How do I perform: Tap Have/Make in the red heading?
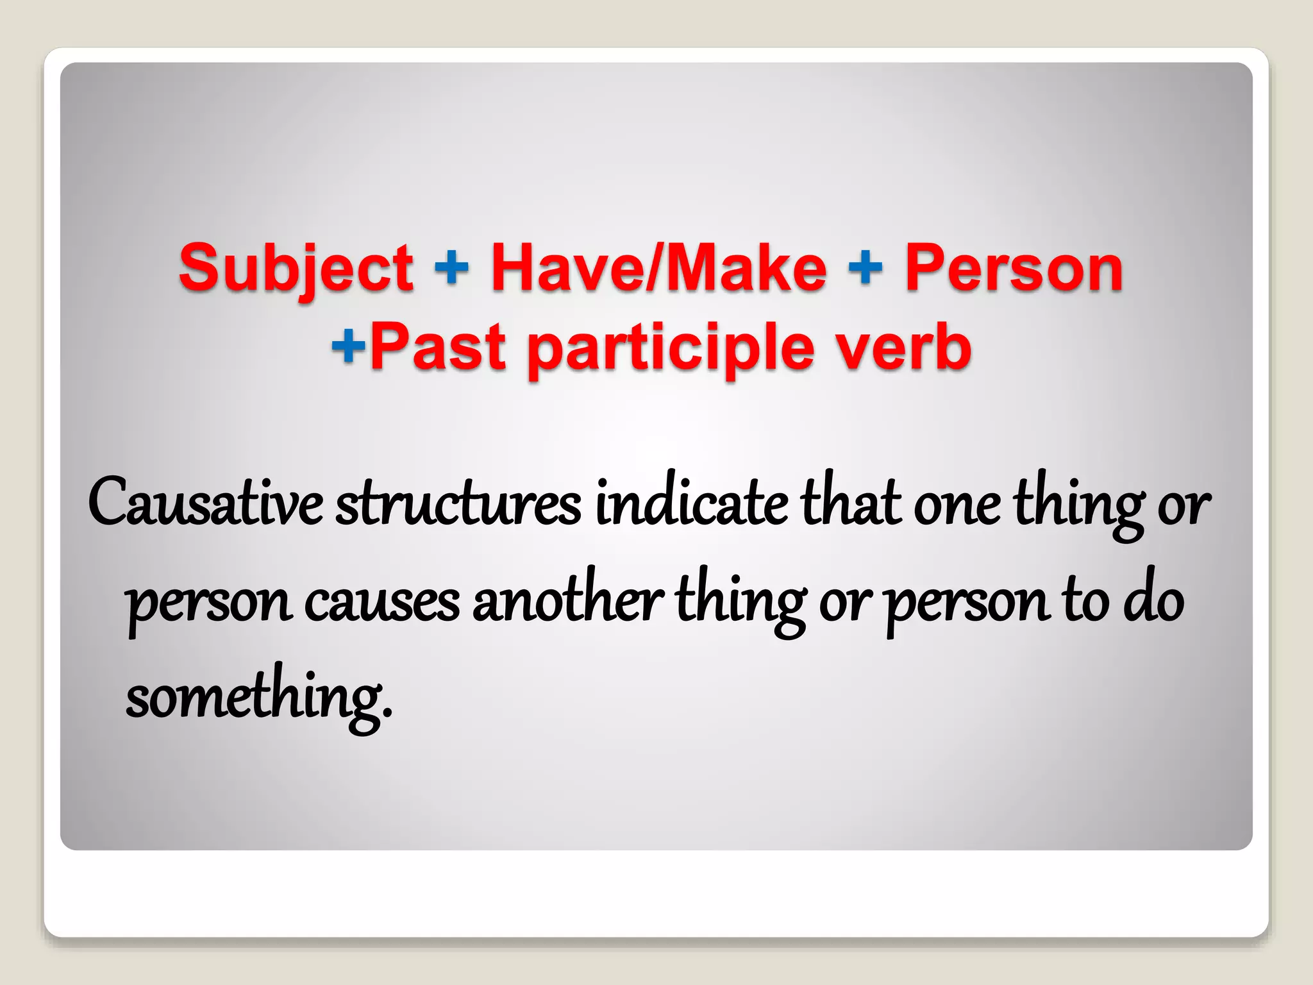[658, 268]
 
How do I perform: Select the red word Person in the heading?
[1014, 268]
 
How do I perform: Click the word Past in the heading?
[438, 348]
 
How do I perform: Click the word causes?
[382, 602]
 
